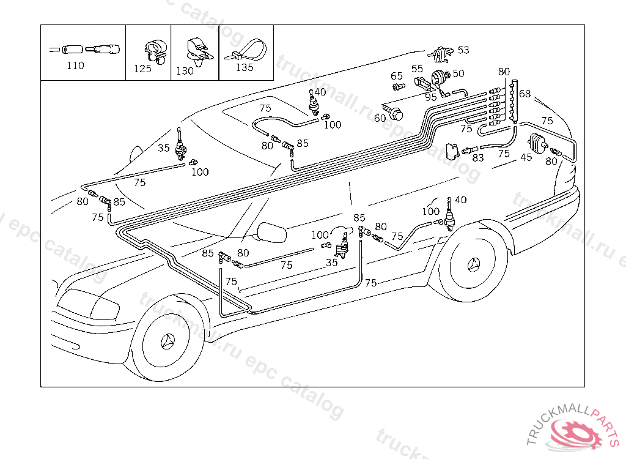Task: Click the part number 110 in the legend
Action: tap(75, 65)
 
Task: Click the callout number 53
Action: tap(463, 50)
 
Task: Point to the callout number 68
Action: tap(525, 95)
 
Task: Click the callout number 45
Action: tap(526, 157)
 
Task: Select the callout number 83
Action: tap(478, 157)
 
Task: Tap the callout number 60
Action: tap(380, 118)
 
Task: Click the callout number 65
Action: tap(397, 76)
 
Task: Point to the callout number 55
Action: tap(417, 69)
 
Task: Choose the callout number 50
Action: tap(458, 73)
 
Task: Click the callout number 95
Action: tap(431, 97)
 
